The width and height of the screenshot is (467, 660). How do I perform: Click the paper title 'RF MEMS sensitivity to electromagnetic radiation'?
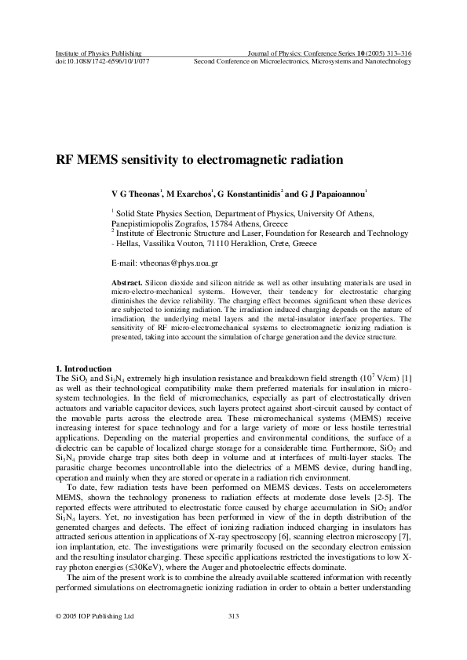click(x=200, y=160)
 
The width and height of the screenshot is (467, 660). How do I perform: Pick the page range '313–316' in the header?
click(x=398, y=53)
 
